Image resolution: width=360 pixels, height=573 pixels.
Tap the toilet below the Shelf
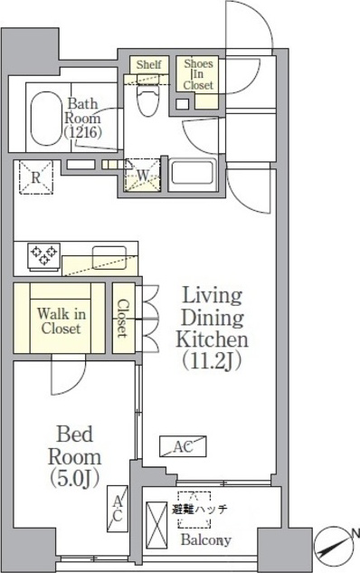(x=148, y=96)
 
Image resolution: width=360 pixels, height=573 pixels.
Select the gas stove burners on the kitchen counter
(x=44, y=255)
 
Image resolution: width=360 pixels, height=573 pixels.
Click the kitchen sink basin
(x=109, y=258)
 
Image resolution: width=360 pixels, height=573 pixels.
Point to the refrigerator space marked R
(x=36, y=177)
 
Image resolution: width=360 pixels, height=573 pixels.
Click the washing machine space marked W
(x=142, y=175)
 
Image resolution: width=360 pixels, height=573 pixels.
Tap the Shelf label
(x=149, y=65)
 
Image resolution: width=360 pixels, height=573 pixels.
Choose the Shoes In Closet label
(x=198, y=74)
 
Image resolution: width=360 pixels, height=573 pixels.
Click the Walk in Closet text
(x=61, y=321)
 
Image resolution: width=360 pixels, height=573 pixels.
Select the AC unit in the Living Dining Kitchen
(x=183, y=446)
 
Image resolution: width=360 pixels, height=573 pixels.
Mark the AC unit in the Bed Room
(x=118, y=509)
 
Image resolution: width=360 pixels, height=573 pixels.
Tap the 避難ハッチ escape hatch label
(x=199, y=509)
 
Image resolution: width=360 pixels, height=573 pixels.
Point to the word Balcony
(x=206, y=540)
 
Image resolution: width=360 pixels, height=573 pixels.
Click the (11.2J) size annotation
(x=213, y=361)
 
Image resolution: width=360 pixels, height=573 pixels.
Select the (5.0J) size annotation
(x=75, y=478)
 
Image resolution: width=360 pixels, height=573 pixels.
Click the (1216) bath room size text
(x=82, y=132)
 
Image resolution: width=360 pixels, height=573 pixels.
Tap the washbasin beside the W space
(x=192, y=172)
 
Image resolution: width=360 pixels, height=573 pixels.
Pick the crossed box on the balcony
(x=156, y=525)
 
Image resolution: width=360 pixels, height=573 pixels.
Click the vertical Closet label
(x=123, y=319)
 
